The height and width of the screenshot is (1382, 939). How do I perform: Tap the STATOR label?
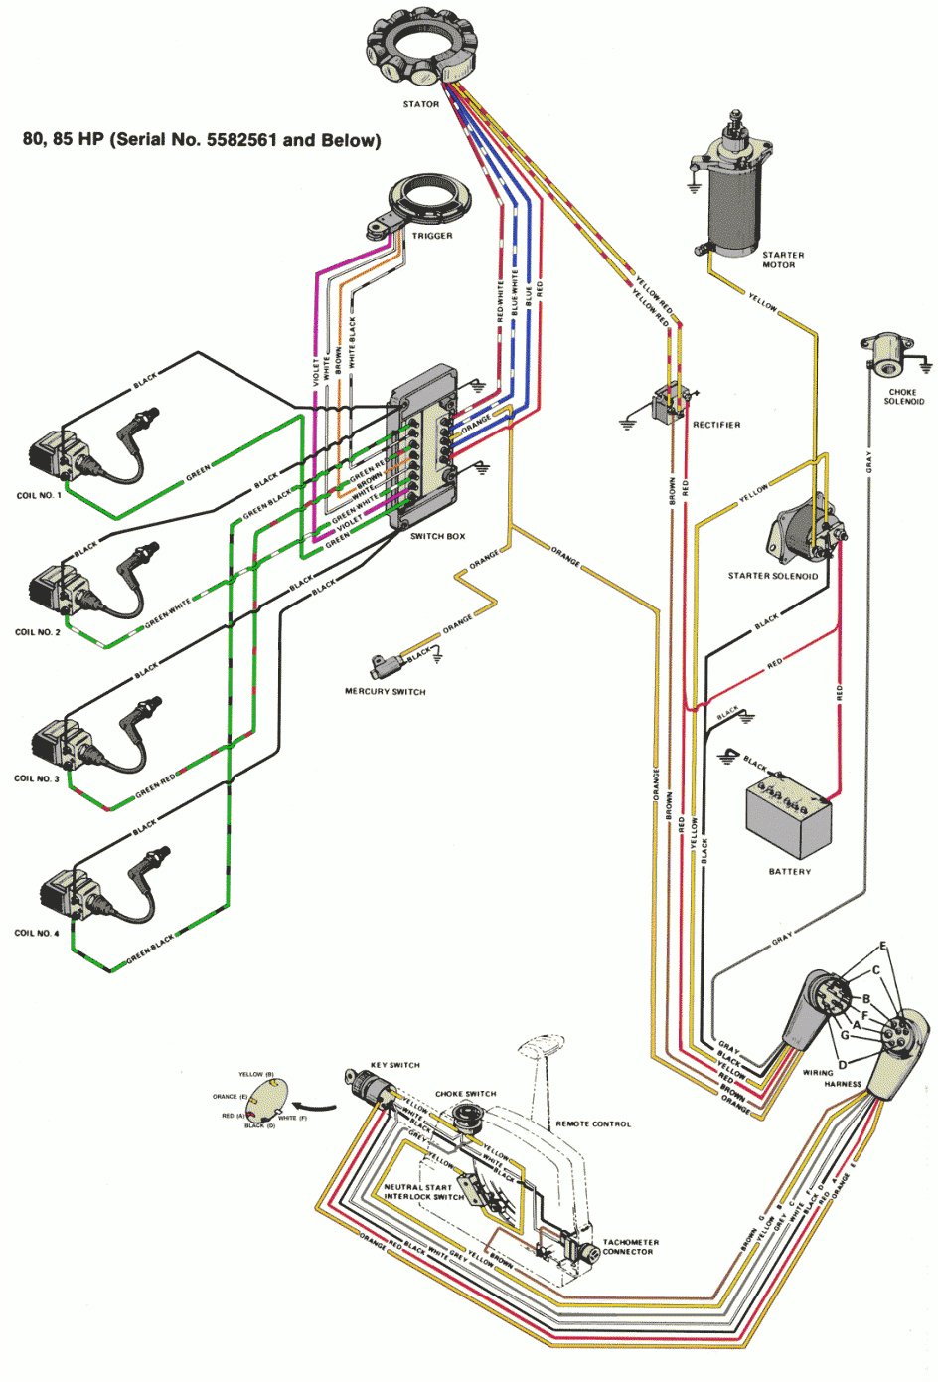420,104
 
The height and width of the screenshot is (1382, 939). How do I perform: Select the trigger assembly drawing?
416,203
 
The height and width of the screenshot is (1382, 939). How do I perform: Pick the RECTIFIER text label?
716,425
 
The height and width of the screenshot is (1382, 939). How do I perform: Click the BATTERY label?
789,872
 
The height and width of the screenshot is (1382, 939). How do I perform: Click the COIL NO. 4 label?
37,934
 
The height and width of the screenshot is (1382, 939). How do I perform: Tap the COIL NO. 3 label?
37,778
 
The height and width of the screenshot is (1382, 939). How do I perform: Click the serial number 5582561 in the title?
241,140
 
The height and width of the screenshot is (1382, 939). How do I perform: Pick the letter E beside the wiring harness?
882,947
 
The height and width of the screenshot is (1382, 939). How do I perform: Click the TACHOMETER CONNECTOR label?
630,1247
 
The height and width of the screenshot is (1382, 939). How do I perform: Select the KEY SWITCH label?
394,1065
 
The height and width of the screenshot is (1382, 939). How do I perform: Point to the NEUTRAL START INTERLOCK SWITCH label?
423,1192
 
